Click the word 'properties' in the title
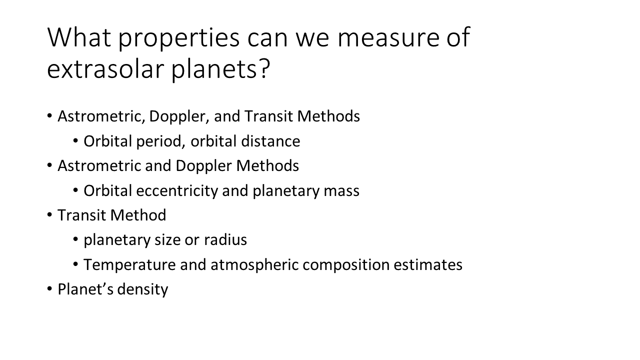[179, 38]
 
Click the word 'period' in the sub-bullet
[158, 141]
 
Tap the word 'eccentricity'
[177, 191]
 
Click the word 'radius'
[225, 240]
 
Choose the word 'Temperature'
[129, 265]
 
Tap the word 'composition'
[346, 265]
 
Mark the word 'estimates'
[428, 265]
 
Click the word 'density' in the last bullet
[142, 289]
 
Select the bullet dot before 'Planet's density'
[49, 288]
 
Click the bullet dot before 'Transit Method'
[49, 214]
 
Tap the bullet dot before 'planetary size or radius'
[75, 239]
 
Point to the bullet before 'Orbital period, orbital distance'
[75, 140]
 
